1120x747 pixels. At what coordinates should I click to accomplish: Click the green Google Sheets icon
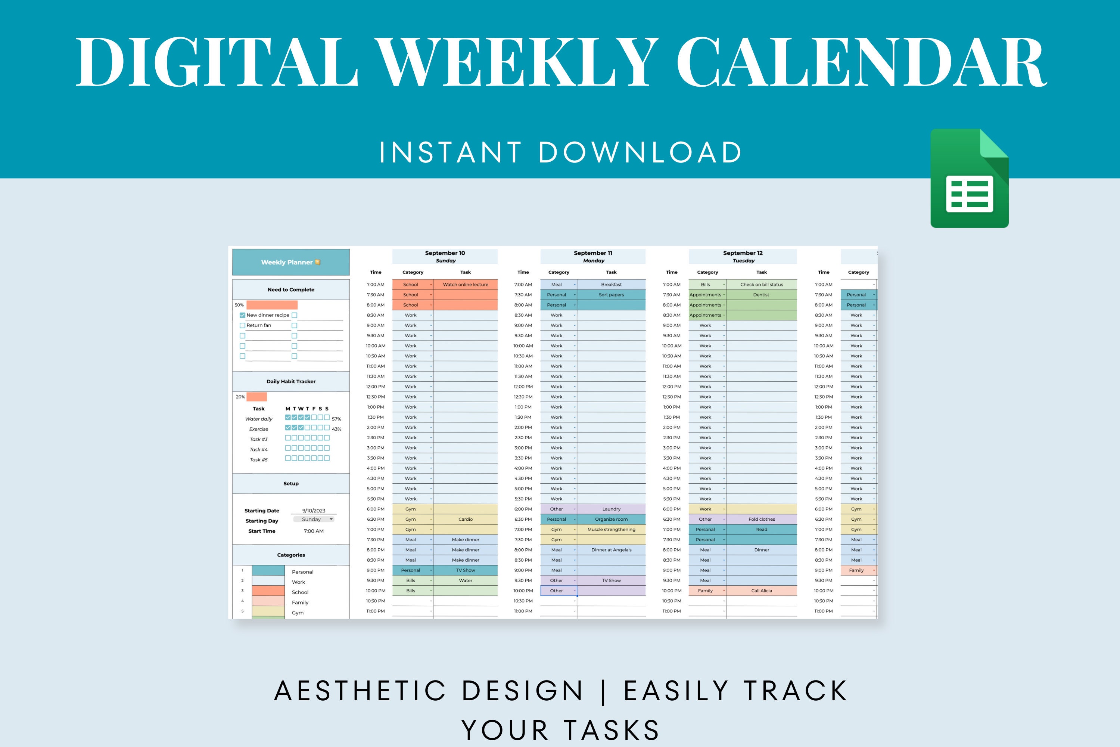(x=969, y=179)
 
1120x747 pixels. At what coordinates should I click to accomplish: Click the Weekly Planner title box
(x=290, y=262)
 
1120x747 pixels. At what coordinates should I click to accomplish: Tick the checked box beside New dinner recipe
(x=242, y=315)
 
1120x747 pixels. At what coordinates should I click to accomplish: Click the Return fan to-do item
(x=259, y=325)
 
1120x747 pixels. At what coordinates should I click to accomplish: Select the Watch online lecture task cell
(x=465, y=284)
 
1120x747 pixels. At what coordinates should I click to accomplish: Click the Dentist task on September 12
(x=761, y=295)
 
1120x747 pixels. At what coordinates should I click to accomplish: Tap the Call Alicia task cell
(x=762, y=591)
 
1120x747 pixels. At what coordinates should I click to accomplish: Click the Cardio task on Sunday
(x=465, y=519)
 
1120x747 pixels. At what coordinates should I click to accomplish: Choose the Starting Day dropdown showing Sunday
(x=314, y=519)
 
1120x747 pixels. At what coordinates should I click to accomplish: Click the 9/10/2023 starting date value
(x=314, y=511)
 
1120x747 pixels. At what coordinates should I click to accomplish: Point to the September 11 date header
(x=593, y=253)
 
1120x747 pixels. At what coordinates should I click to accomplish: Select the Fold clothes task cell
(x=762, y=519)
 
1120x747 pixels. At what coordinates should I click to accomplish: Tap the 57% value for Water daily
(x=337, y=419)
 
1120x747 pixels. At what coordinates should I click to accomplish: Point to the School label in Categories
(x=300, y=592)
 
